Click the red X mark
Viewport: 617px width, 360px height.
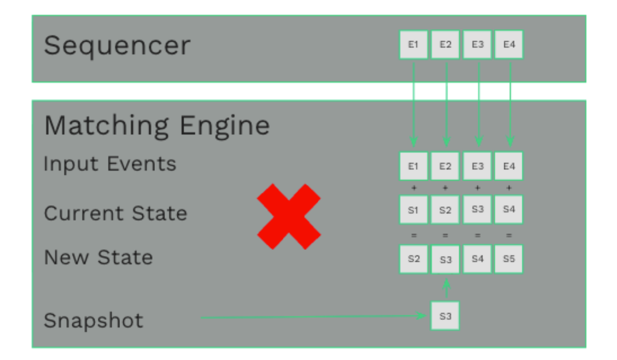tap(289, 217)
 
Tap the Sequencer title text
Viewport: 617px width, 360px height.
tap(117, 45)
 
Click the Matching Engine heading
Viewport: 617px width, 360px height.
tap(157, 125)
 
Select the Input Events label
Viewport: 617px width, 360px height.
tap(110, 164)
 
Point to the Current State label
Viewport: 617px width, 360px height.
tap(116, 213)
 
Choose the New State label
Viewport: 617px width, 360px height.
tap(98, 257)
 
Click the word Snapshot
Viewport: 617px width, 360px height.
tap(94, 320)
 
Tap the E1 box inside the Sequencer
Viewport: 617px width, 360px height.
tap(413, 45)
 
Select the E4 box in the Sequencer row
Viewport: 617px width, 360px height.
tap(509, 45)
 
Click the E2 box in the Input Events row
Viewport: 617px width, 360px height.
tap(445, 166)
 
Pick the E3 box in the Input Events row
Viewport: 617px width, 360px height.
tap(477, 166)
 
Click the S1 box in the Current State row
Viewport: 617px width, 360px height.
tap(413, 210)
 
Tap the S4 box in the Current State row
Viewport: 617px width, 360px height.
tap(509, 209)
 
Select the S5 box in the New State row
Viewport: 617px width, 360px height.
tap(509, 259)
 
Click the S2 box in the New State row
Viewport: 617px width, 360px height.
tap(413, 259)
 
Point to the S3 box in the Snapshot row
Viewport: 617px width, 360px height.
tap(445, 316)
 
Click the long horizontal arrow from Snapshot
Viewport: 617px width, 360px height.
tap(308, 317)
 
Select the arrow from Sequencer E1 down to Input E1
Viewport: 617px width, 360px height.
tap(413, 103)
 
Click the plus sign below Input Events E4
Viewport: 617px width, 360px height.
tap(509, 188)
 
